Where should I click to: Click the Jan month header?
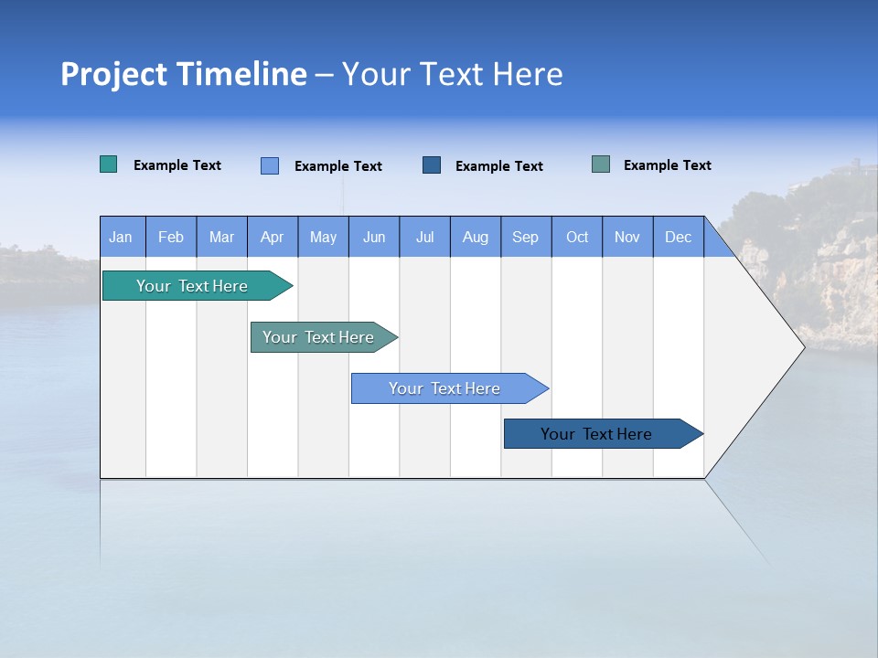[x=122, y=237]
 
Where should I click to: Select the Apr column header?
[x=273, y=237]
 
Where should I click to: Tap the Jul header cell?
[x=424, y=237]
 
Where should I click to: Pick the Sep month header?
[x=526, y=237]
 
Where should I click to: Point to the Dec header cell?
[x=678, y=237]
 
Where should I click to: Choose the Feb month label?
[x=171, y=237]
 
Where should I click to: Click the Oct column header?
[x=577, y=237]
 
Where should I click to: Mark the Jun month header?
[x=374, y=237]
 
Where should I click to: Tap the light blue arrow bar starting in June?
[x=445, y=388]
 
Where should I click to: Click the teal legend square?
[x=109, y=164]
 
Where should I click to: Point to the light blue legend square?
[x=270, y=165]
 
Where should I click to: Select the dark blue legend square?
[x=432, y=165]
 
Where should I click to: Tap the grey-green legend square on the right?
[x=601, y=164]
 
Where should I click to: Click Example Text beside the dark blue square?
[x=499, y=166]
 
